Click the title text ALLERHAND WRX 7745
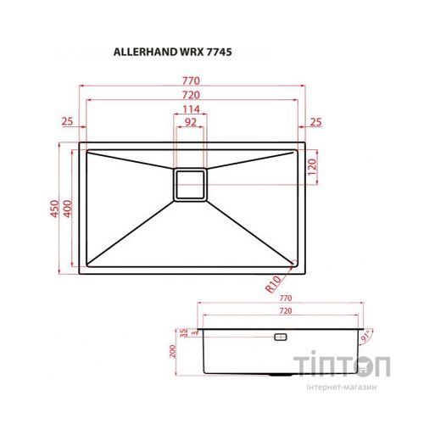173,51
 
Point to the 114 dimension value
192,109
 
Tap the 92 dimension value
192,123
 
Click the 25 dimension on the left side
68,123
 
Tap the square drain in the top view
191,184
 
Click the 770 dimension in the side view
285,299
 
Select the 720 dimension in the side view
285,313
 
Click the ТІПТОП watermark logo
342,366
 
